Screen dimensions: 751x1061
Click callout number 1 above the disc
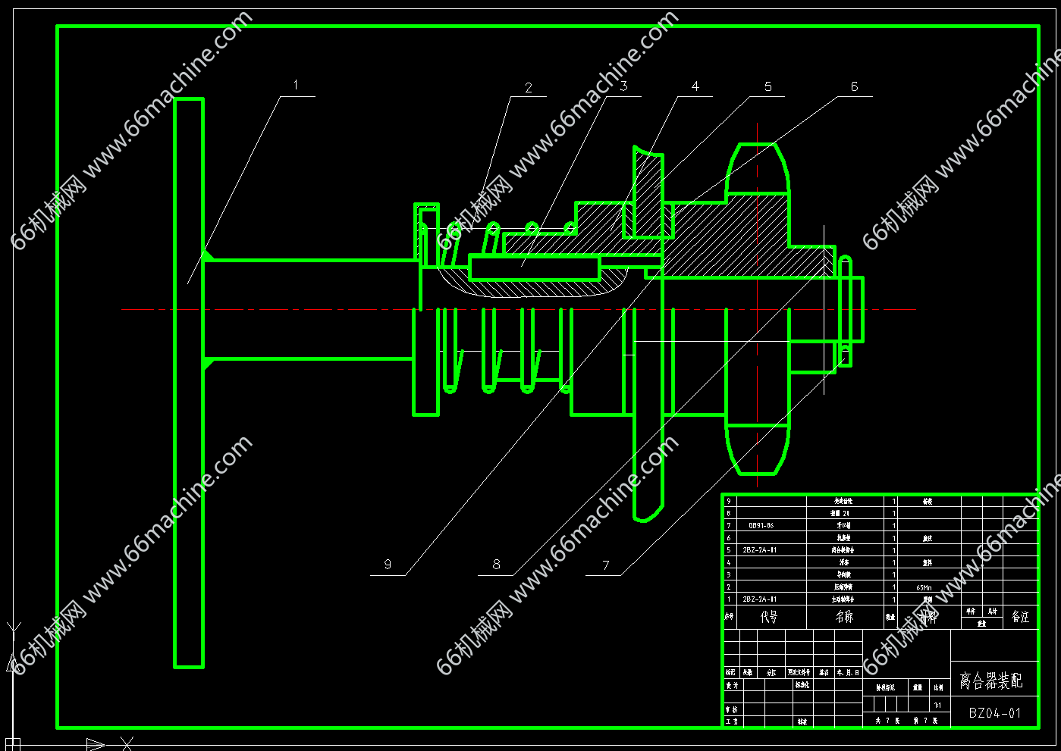coord(296,85)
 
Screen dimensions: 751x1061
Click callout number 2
coord(529,88)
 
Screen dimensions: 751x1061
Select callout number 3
coord(623,86)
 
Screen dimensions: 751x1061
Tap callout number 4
coord(695,86)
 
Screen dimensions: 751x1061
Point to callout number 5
coord(767,86)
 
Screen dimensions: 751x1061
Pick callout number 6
coord(854,86)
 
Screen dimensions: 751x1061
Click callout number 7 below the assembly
coord(606,565)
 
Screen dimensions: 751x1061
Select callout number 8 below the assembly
coord(497,564)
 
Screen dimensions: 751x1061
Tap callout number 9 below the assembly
coord(388,564)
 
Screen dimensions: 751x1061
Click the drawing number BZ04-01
coord(994,713)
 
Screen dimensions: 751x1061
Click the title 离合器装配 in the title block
coord(990,681)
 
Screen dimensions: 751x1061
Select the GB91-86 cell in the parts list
coord(761,525)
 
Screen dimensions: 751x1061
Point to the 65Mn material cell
coord(924,587)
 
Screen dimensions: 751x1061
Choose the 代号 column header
coord(769,617)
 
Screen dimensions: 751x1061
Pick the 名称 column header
coord(844,617)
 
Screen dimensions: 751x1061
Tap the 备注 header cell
coord(1021,617)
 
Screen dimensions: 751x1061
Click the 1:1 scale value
coord(938,706)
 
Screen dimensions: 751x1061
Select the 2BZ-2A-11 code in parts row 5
coord(760,550)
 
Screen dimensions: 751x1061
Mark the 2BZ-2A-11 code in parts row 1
coord(760,599)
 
